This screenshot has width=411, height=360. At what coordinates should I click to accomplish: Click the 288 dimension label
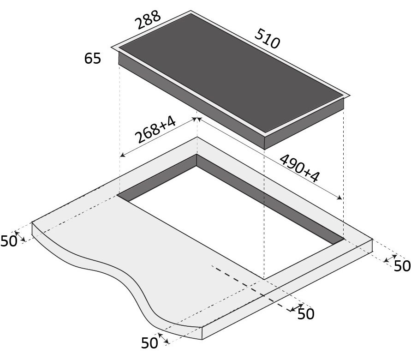pos(148,20)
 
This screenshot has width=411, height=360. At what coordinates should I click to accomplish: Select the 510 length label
pos(268,39)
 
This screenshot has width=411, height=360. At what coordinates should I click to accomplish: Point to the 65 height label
pos(93,58)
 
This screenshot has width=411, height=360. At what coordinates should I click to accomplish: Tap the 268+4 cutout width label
pos(155,130)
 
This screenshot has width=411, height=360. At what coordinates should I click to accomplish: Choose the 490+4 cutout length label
pos(299,168)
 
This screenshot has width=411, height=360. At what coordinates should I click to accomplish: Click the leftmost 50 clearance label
pos(9,241)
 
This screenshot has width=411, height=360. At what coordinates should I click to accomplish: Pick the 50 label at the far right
pos(402,266)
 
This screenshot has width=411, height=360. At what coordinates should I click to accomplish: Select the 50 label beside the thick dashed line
pos(306,313)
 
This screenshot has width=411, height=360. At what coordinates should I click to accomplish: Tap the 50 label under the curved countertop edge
pos(149,343)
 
